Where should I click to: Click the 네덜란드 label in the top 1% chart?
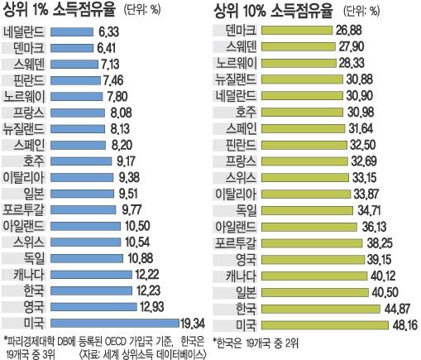tap(25, 31)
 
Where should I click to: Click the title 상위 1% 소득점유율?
tap(59, 10)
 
